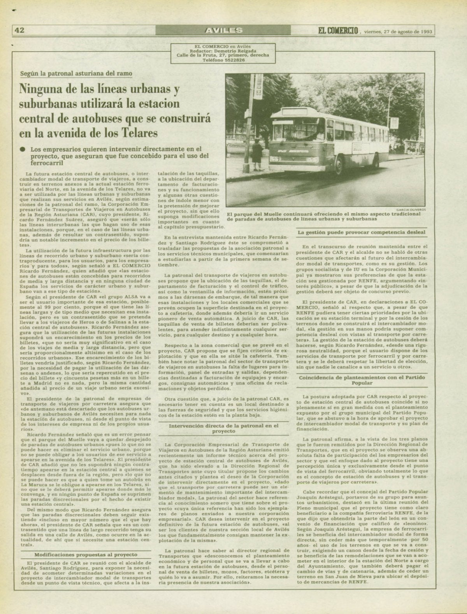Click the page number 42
[20, 30]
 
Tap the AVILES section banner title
[223, 30]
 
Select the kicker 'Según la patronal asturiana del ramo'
[77, 73]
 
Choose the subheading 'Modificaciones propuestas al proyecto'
[86, 554]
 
